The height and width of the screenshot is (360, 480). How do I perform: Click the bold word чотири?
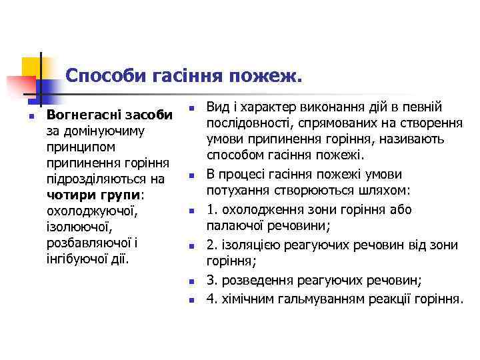coord(68,195)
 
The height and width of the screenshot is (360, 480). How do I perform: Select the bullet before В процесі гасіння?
coord(190,177)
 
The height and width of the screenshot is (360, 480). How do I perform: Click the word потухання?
coord(235,192)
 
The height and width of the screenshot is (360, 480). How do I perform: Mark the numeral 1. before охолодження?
coord(211,209)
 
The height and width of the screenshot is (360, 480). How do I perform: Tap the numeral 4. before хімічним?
coord(211,298)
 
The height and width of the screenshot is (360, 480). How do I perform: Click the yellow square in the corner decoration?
coord(31,66)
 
